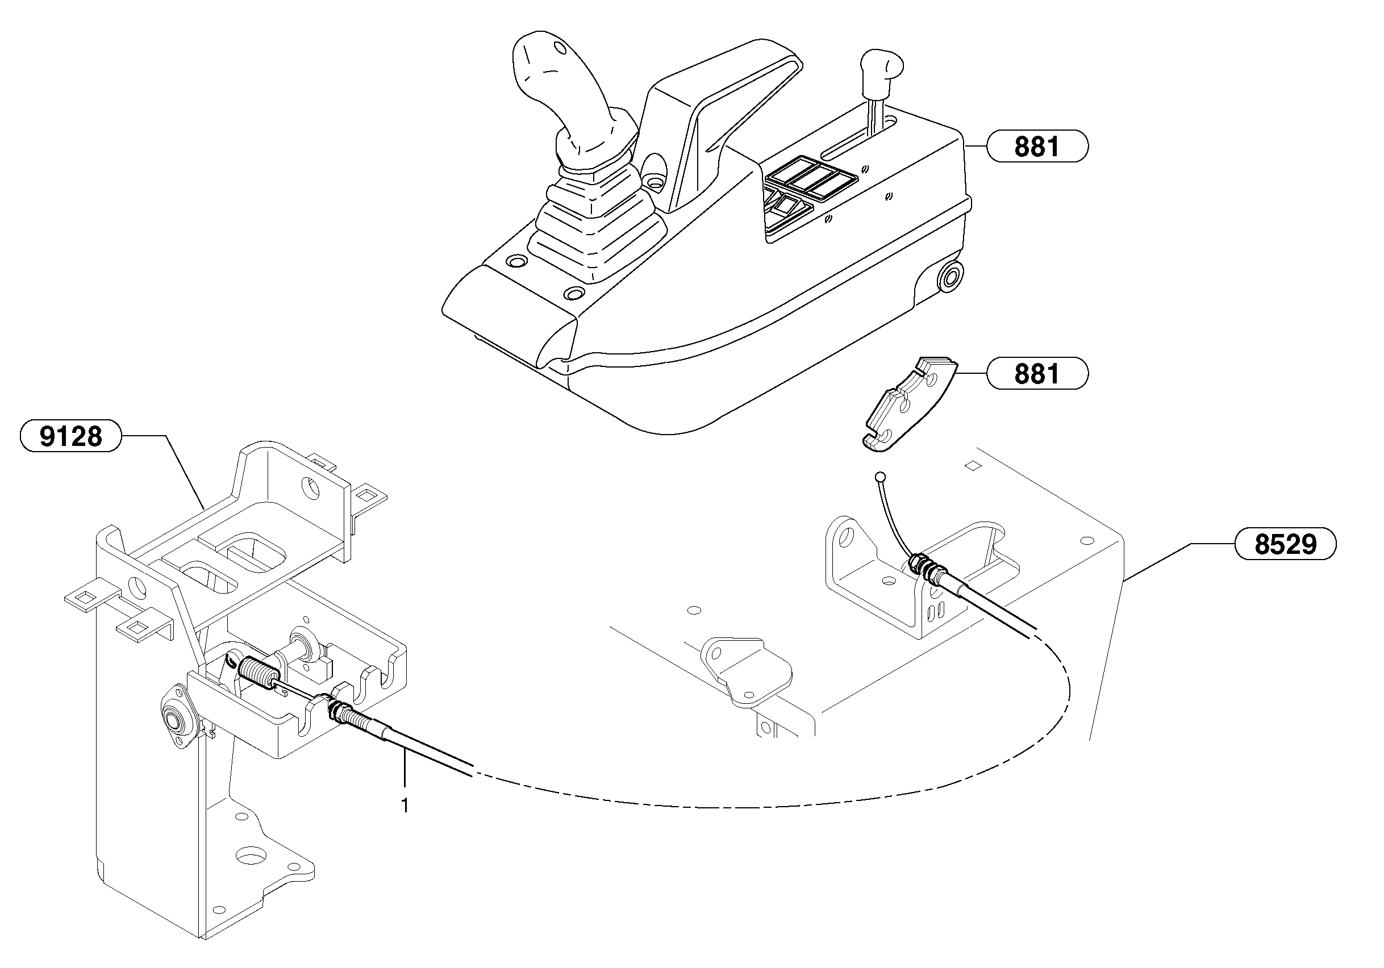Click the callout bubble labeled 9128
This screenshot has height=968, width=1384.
70,436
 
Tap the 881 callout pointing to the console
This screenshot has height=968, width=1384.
1036,147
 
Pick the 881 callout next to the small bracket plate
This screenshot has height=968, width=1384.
1036,374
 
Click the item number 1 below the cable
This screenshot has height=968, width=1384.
405,806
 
